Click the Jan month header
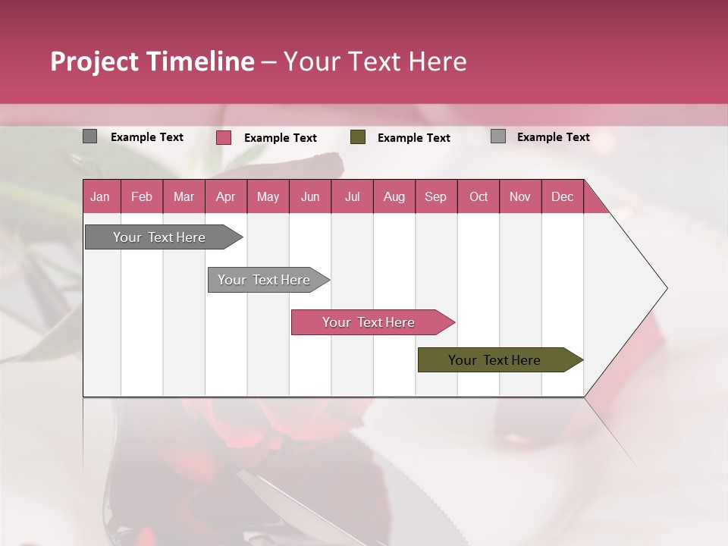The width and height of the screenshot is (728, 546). tap(101, 196)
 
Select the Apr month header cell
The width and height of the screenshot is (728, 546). tap(226, 196)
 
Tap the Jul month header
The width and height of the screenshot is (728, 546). tap(352, 196)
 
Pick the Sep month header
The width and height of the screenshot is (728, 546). tap(436, 196)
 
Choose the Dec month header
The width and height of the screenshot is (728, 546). tap(562, 196)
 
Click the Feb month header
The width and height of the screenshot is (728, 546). tap(142, 196)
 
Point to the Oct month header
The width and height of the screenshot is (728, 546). tap(479, 196)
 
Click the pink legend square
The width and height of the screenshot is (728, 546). tap(224, 137)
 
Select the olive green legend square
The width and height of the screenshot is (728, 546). tap(358, 137)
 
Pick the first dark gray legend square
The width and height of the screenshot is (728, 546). tap(89, 136)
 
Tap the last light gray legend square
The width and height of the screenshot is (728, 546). tap(498, 136)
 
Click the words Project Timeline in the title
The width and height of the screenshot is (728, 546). tap(152, 61)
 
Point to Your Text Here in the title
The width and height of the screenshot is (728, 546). tap(375, 61)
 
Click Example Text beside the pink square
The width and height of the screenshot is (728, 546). tap(281, 138)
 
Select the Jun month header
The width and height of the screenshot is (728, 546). tap(310, 196)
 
